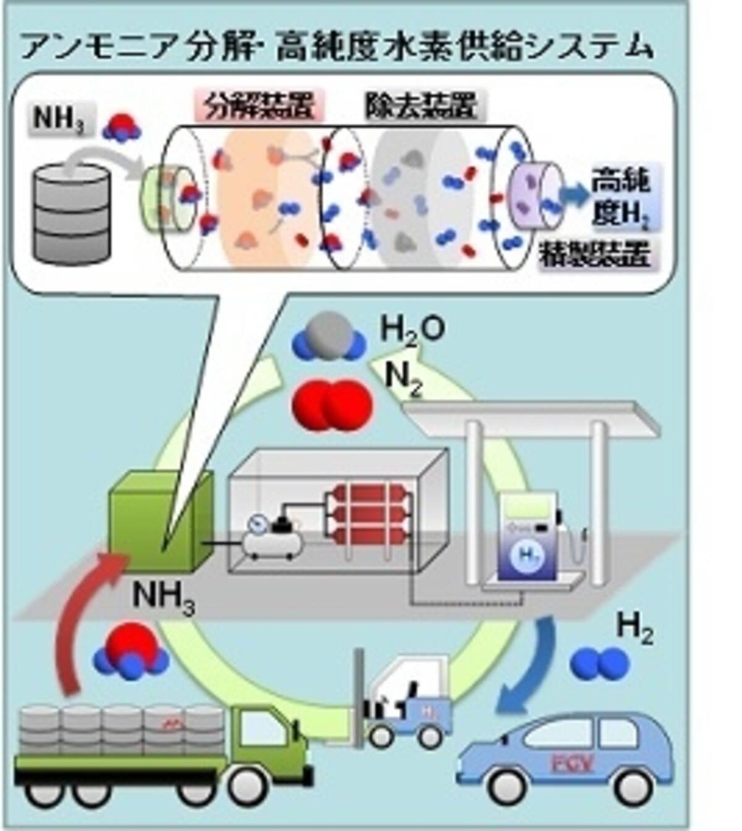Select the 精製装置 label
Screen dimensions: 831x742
pos(596,254)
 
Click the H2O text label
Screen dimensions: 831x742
pos(412,331)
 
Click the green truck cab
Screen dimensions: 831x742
pos(266,742)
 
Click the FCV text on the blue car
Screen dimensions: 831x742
pos(569,764)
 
